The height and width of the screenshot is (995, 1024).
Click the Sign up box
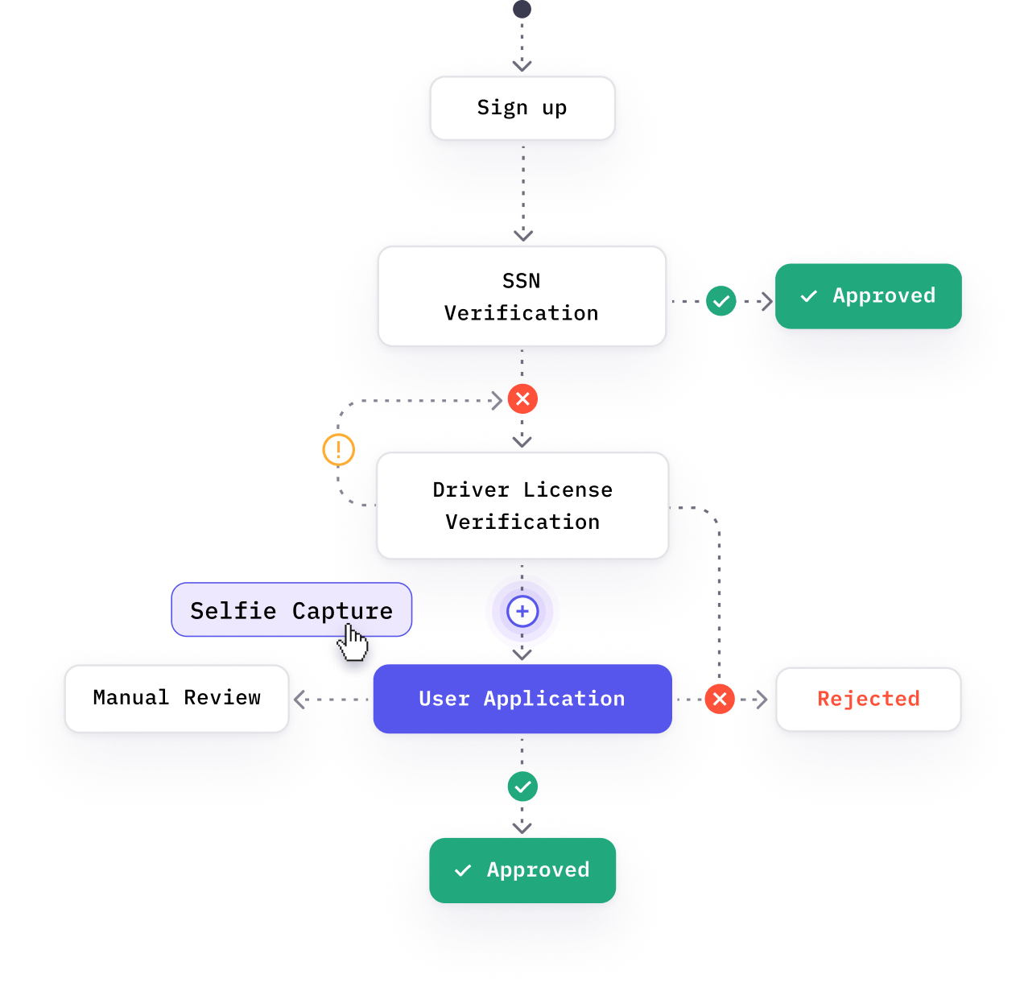522,108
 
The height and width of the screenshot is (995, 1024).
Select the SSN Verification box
522,296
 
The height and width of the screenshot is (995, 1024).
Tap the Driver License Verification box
522,506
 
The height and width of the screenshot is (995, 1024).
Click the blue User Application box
522,698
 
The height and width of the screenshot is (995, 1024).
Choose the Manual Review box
176,698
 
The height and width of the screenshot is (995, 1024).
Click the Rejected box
868,699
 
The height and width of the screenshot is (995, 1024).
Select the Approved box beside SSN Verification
869,296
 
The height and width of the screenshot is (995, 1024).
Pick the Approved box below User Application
522,870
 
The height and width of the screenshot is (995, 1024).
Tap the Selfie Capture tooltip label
291,610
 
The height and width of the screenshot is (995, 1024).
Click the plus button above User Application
522,612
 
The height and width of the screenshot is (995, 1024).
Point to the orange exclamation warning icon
338,449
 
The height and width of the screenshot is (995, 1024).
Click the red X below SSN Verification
522,398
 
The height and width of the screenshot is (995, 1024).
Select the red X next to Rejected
720,699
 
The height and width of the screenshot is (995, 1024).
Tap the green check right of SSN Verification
721,301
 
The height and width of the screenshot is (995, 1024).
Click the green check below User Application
522,787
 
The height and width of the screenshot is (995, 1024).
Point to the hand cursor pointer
353,642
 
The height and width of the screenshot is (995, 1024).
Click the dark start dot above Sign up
522,9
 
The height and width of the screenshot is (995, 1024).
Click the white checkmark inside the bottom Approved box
463,870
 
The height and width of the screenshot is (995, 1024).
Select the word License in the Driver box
568,489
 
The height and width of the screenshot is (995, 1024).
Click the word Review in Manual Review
222,698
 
